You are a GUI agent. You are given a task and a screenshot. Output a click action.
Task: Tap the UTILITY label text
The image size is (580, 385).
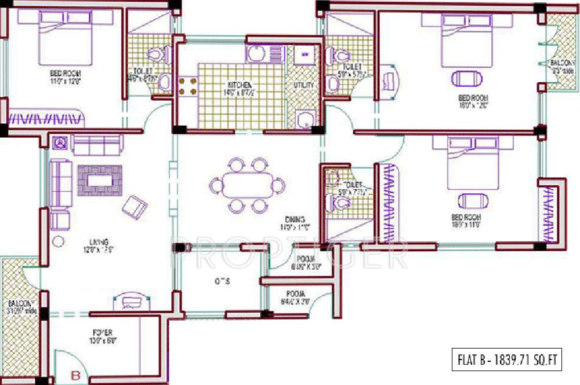tap(304, 85)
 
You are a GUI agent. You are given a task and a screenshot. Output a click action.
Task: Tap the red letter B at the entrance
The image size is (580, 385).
tap(74, 375)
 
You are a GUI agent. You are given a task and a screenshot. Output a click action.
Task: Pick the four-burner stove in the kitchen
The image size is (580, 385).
tap(186, 86)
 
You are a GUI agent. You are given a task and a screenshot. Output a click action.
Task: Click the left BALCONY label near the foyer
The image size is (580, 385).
tap(21, 307)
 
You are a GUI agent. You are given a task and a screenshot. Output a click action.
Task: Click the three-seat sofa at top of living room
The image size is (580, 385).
tap(97, 145)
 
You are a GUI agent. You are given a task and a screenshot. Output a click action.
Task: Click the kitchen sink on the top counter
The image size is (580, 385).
tap(255, 54)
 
